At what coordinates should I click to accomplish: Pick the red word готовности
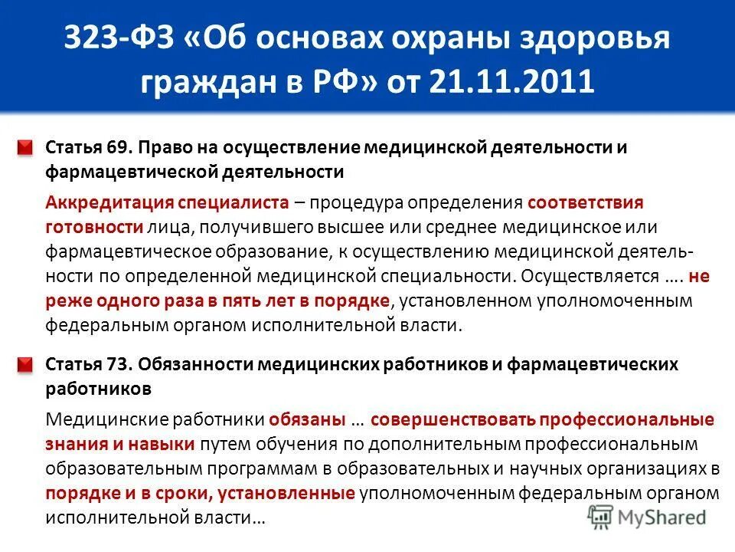pos(94,228)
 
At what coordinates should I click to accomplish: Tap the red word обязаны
pos(306,420)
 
